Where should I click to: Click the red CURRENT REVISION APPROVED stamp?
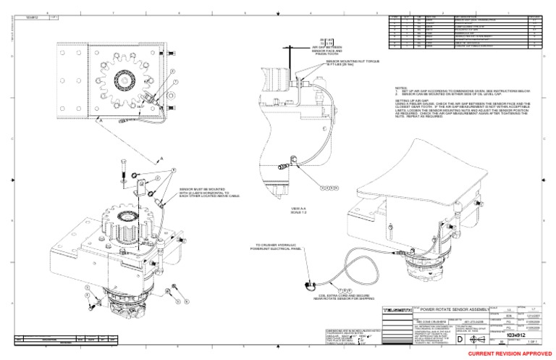click(506, 352)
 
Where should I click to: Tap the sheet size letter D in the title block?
click(473, 338)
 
